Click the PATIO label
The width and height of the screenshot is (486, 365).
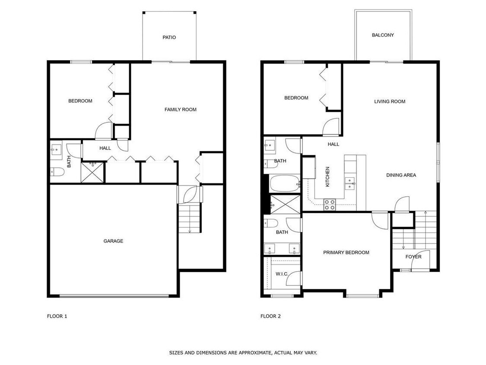[x=169, y=37]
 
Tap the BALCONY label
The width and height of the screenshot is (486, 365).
[x=383, y=35]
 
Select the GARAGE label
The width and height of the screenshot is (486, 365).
[x=113, y=241]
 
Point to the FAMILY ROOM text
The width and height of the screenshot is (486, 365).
[x=180, y=109]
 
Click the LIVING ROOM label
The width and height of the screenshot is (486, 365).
[x=390, y=102]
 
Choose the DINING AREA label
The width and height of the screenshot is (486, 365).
[x=401, y=175]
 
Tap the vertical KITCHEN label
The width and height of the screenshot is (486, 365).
[x=327, y=176]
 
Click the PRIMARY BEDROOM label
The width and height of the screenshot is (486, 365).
[x=346, y=253]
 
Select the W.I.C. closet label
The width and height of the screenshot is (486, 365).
[x=282, y=274]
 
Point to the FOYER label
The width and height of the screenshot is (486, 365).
[x=413, y=257]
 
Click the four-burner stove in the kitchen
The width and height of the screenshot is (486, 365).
[x=330, y=205]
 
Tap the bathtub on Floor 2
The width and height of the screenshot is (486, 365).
[x=285, y=184]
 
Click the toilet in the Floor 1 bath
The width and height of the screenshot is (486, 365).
[x=57, y=172]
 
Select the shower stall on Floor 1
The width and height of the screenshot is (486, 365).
[x=92, y=172]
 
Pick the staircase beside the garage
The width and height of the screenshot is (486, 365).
[x=190, y=218]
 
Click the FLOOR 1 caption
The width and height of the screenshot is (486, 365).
[x=57, y=316]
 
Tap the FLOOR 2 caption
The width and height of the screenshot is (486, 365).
[x=270, y=316]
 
